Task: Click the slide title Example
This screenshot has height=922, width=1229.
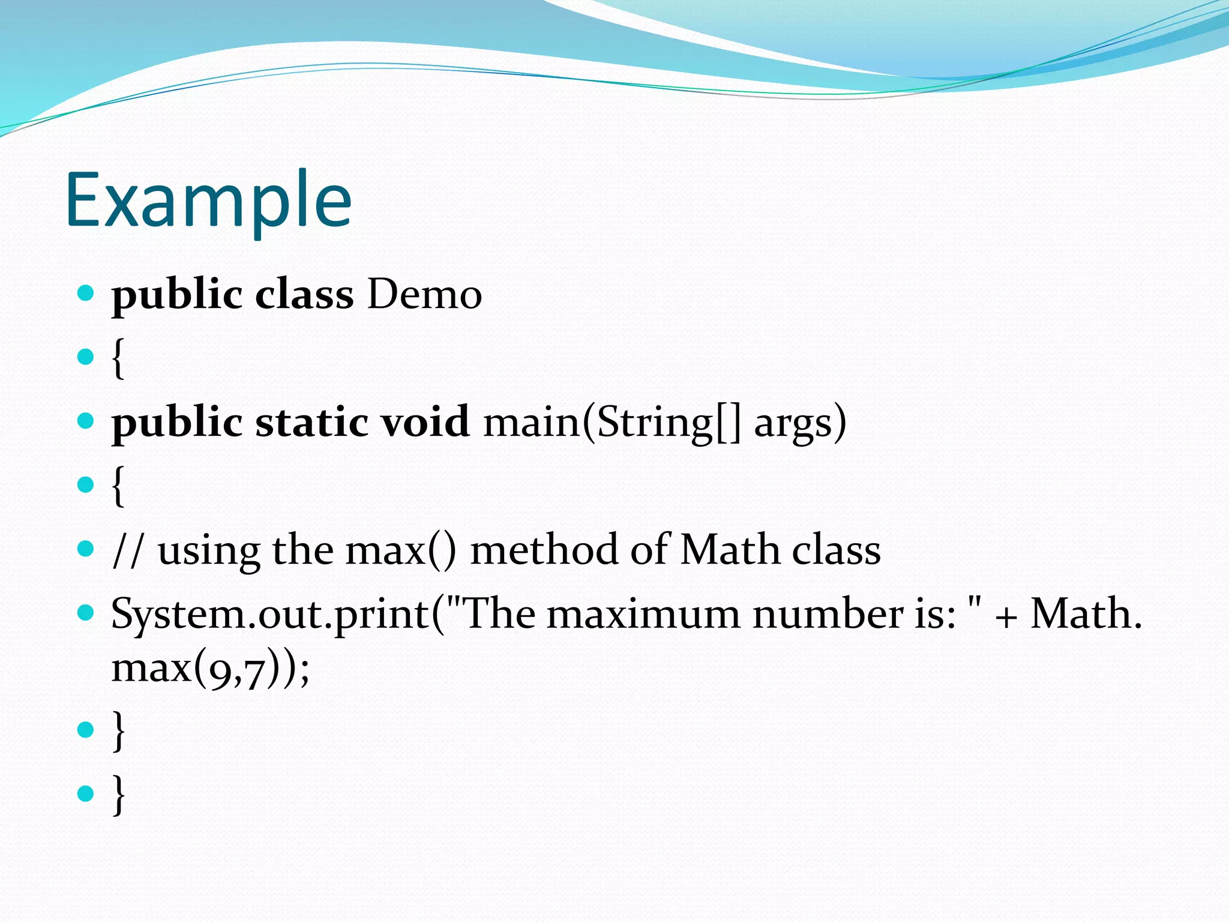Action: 208,201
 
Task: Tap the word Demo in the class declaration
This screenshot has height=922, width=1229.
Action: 424,295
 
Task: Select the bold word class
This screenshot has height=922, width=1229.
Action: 304,295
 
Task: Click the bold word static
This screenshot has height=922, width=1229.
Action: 311,422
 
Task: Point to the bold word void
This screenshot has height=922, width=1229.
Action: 425,422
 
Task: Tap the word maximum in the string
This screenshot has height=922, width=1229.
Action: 643,614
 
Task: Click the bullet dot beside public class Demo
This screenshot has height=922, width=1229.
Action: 86,293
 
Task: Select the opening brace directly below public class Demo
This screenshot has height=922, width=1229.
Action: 119,358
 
